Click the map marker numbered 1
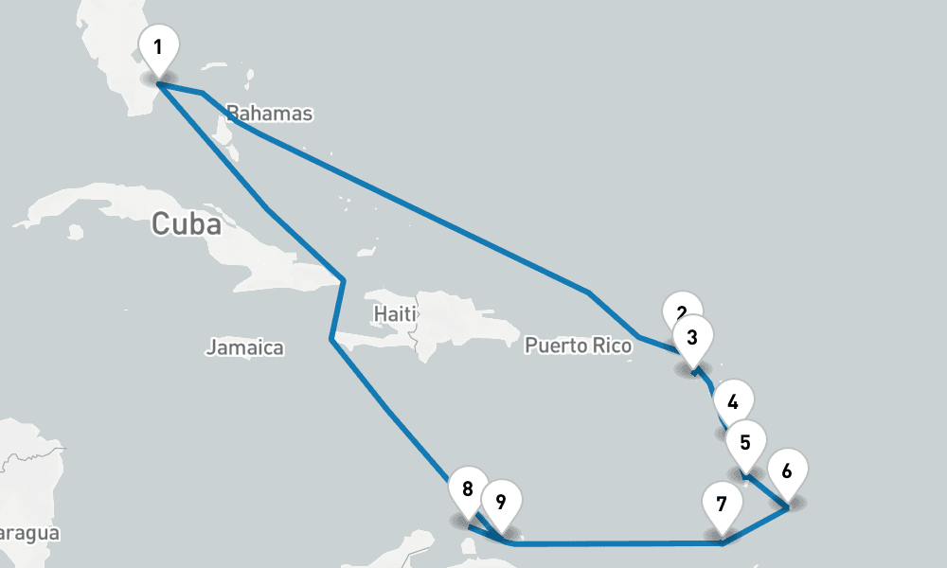click(158, 46)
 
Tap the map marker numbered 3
click(692, 336)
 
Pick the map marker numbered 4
click(732, 399)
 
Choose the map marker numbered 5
click(745, 440)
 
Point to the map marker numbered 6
click(787, 469)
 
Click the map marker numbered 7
click(722, 503)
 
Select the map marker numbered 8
click(468, 488)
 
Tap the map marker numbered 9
click(501, 500)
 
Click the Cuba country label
click(187, 224)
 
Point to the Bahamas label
click(270, 114)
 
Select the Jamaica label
click(245, 347)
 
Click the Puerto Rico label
click(578, 346)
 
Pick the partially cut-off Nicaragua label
click(28, 533)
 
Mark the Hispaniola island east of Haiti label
click(464, 317)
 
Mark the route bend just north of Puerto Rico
click(589, 293)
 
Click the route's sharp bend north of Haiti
click(343, 280)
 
